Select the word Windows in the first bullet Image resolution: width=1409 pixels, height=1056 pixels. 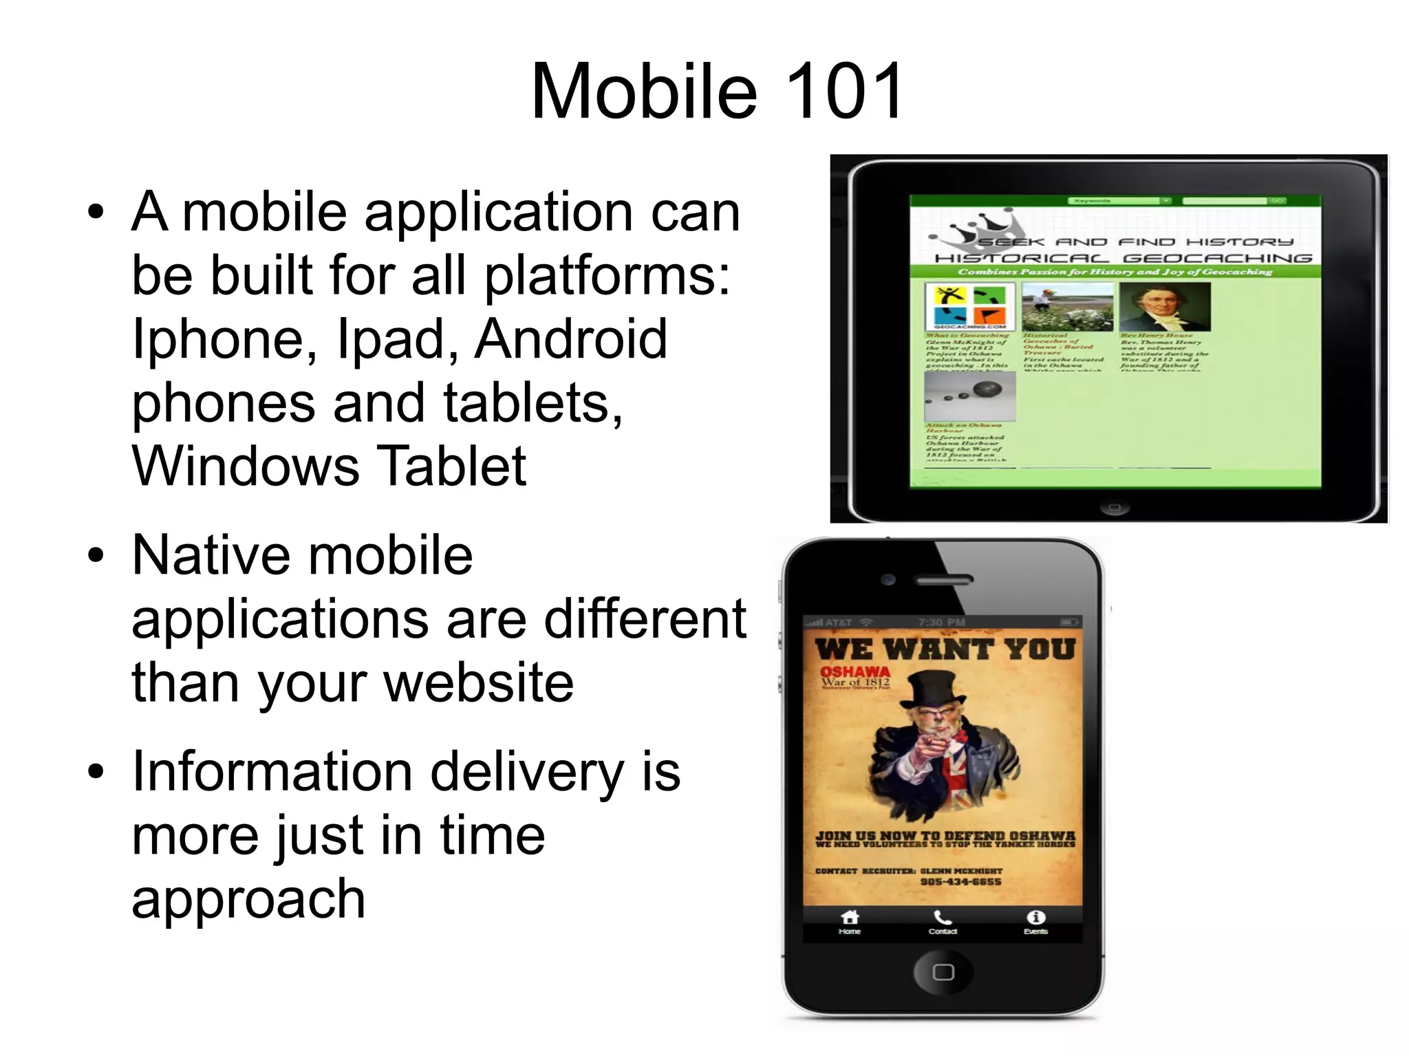246,466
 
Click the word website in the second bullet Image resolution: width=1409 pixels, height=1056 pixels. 478,683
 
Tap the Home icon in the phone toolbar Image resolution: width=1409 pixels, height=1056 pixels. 850,918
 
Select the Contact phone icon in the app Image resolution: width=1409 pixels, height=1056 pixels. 943,918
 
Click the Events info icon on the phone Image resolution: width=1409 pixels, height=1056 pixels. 1035,918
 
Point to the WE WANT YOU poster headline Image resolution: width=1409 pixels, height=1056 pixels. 944,649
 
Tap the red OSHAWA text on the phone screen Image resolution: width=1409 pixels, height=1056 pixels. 854,671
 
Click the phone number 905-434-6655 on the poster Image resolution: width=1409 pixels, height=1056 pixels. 960,882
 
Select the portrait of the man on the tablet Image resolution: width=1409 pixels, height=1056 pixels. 1163,307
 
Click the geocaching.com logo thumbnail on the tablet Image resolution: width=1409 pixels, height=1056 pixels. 969,307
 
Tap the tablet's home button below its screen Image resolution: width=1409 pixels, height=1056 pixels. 1115,508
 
